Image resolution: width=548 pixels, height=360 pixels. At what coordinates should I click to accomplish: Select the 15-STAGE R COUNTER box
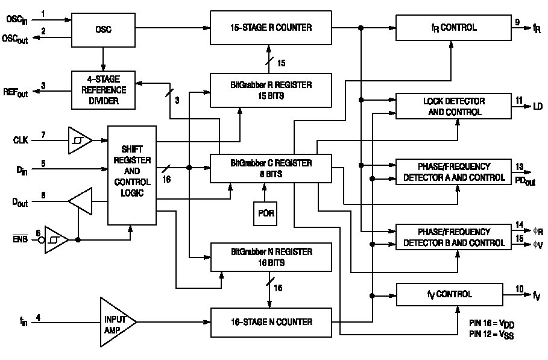coord(270,27)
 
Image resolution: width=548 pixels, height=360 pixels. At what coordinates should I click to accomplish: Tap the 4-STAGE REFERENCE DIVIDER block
coord(103,90)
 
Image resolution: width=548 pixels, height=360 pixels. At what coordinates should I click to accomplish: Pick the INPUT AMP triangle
coord(116,322)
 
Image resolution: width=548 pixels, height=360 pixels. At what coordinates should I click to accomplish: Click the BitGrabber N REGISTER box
coord(270,257)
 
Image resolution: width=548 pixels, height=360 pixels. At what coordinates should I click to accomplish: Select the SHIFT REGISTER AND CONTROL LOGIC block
coord(131,175)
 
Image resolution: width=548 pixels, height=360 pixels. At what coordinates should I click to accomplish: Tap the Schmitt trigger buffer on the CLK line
coord(79,140)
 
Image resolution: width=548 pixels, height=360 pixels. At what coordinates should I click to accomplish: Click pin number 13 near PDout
coord(519,166)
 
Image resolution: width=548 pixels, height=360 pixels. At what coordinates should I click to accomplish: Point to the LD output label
coord(537,107)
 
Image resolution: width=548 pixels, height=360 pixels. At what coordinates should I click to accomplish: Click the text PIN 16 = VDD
coord(491,324)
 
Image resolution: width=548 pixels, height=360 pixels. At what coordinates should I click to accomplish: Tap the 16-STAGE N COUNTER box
coord(270,322)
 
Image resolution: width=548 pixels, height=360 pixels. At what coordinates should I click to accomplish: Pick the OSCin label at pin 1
coord(16,19)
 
